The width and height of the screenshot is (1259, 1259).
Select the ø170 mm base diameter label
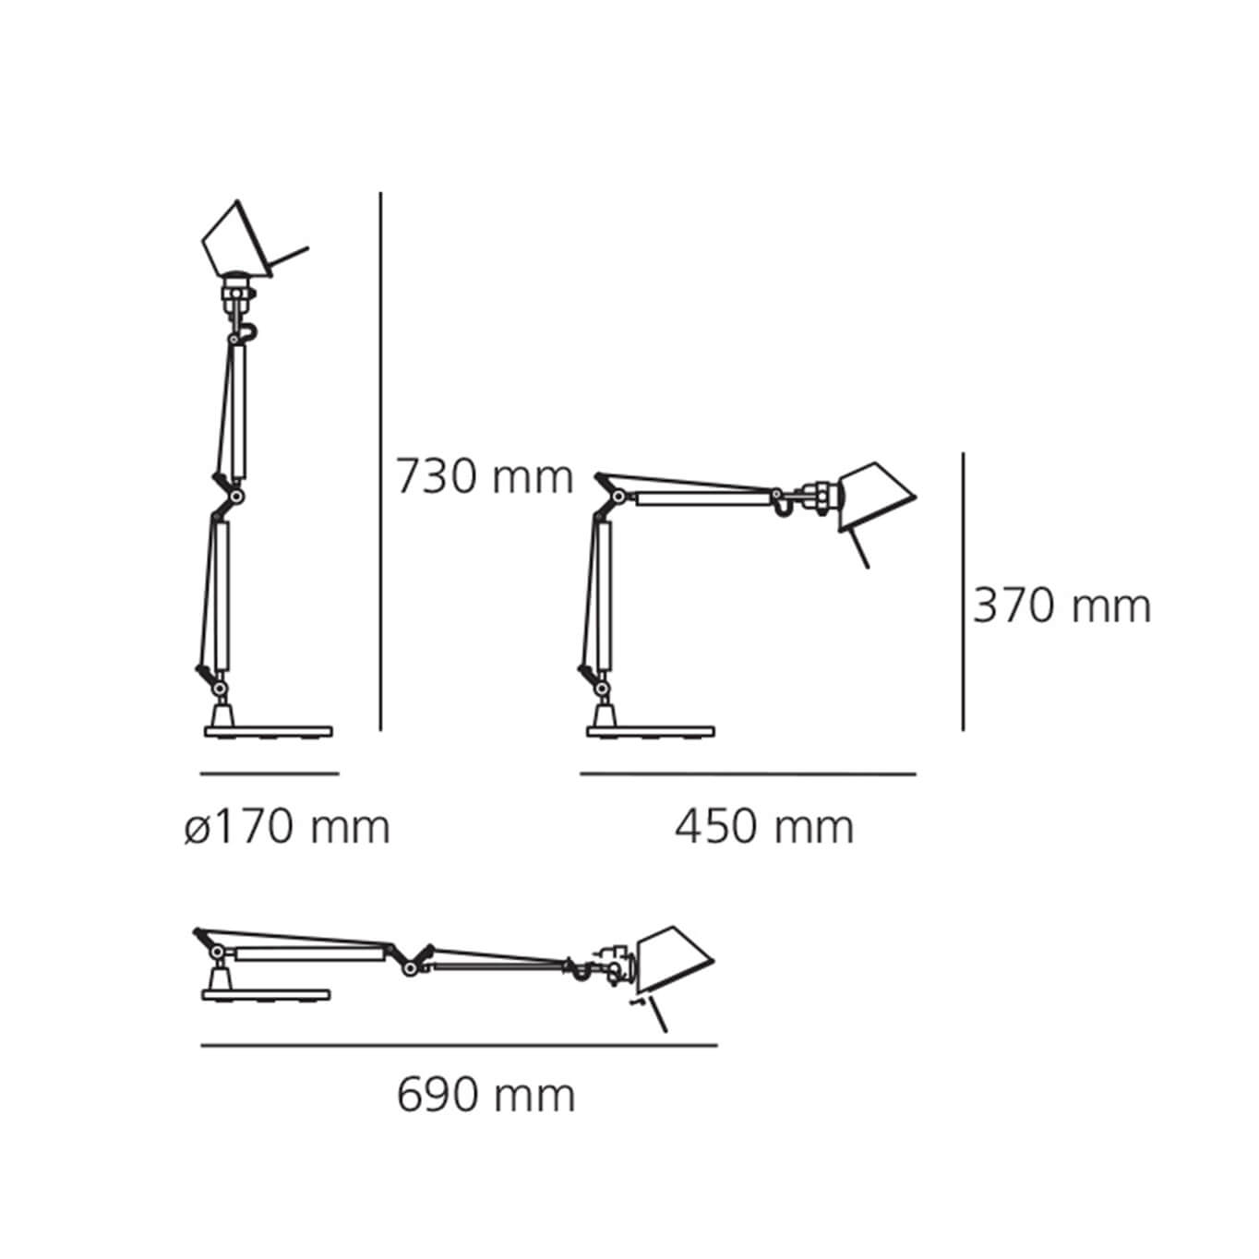pos(287,827)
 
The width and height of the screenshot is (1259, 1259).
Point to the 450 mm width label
pos(764,827)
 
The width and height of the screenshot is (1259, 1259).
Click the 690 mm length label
pos(486,1096)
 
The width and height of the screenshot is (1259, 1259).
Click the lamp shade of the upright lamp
pos(237,241)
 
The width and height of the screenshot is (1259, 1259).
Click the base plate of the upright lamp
pos(269,732)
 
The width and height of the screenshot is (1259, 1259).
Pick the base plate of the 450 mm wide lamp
pos(650,732)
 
